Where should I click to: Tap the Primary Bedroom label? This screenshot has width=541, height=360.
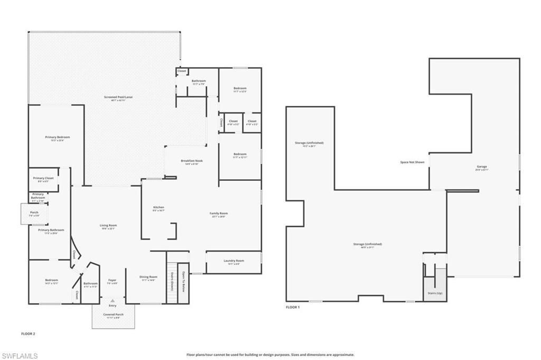(57, 137)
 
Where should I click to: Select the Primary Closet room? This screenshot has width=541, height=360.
(43, 179)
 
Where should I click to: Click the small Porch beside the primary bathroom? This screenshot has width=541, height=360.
(34, 214)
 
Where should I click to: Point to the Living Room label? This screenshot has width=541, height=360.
(108, 226)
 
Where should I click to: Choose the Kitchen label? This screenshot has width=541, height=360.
(158, 208)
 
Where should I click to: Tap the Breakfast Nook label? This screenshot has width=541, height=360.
(192, 161)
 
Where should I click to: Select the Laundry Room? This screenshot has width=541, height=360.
(233, 262)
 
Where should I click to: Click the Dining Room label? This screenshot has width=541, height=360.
(148, 278)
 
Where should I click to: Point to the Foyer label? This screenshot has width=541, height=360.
(112, 281)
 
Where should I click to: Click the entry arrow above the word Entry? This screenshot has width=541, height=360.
(113, 300)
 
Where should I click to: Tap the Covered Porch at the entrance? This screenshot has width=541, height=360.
(113, 316)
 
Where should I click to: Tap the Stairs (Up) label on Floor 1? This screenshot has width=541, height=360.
(435, 292)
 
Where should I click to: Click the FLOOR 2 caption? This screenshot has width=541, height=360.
(28, 334)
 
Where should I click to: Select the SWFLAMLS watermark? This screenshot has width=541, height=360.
(20, 356)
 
